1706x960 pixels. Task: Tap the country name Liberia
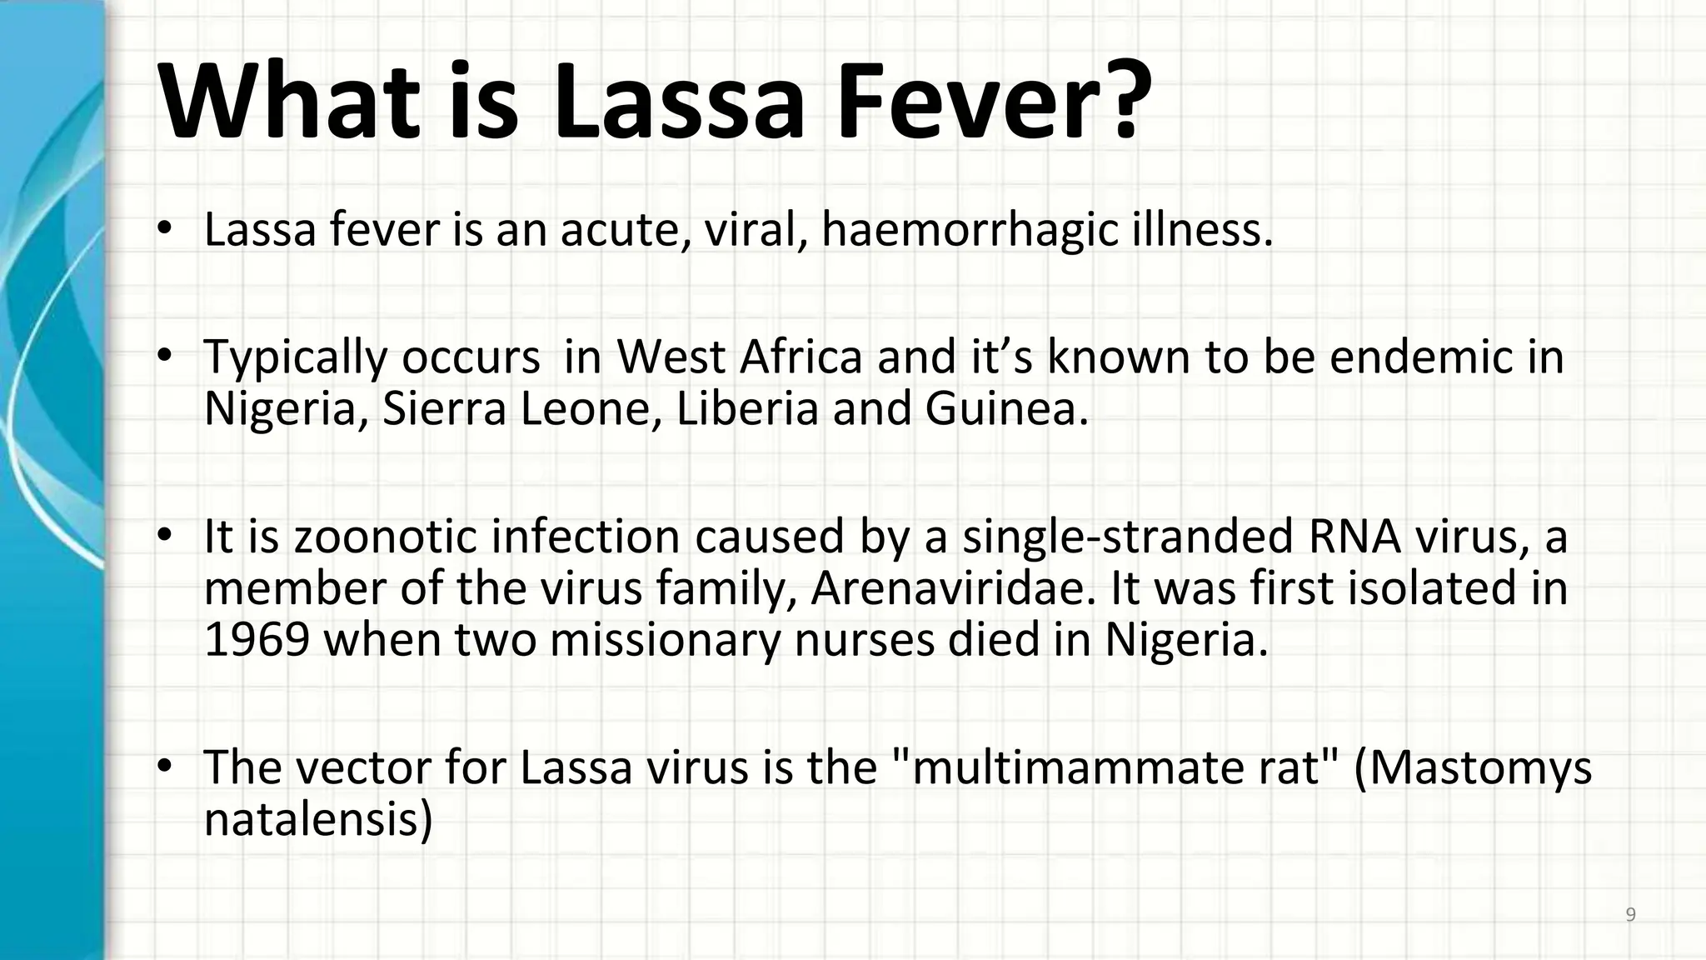tap(747, 409)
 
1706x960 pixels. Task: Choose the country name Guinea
tap(1005, 409)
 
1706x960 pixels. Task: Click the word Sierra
tap(444, 409)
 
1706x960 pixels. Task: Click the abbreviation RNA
tap(1354, 536)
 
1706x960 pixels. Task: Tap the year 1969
tap(257, 640)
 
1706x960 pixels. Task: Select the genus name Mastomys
tap(1484, 767)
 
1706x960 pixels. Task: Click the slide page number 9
tap(1630, 915)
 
